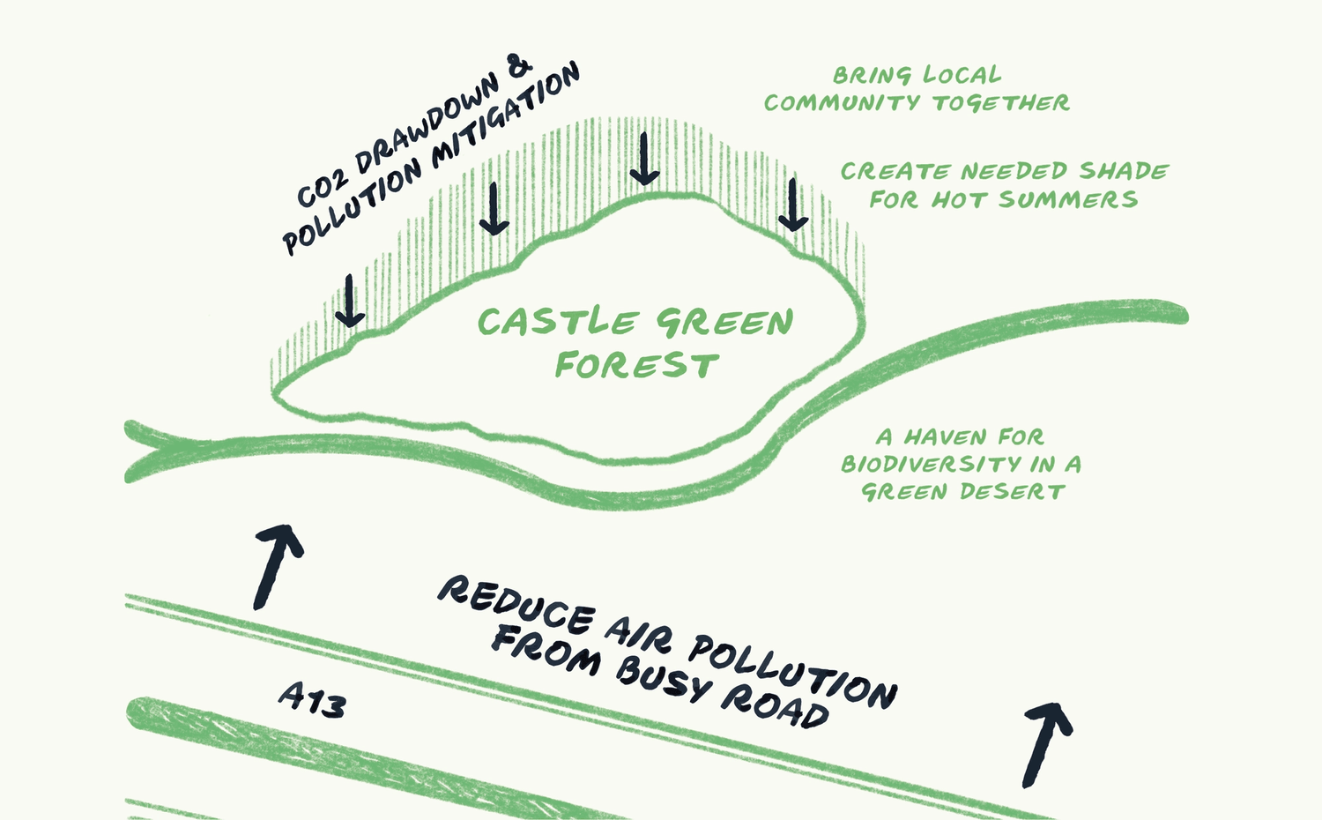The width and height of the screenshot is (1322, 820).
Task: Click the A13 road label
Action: (x=312, y=701)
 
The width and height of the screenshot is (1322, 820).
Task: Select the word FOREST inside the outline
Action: (x=636, y=365)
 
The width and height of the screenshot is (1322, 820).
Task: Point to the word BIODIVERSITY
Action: (x=929, y=465)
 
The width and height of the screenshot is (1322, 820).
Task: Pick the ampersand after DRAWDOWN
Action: (x=520, y=67)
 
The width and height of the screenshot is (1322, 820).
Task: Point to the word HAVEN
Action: (x=945, y=437)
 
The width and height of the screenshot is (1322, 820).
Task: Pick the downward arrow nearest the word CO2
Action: (x=349, y=301)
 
